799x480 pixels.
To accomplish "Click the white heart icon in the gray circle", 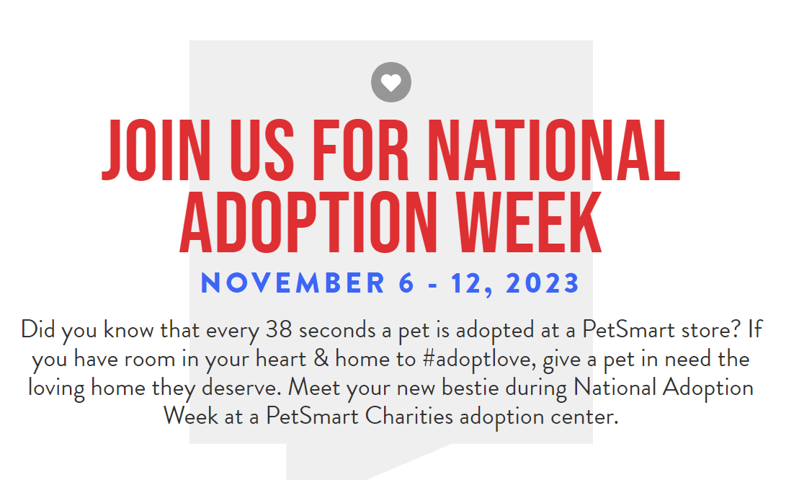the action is (x=390, y=83).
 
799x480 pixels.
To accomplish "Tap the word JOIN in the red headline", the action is (x=156, y=151).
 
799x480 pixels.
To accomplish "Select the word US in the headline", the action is (x=262, y=151).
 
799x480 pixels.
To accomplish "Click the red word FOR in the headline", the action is (x=360, y=151).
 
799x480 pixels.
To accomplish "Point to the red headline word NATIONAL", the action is (x=553, y=151).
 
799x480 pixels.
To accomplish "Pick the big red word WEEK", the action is (x=529, y=223).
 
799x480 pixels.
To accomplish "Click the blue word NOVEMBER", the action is (x=293, y=283).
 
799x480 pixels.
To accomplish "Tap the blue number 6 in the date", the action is (x=406, y=283).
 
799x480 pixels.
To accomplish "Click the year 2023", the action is (x=543, y=283).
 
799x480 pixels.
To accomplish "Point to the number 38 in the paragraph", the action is (x=278, y=329).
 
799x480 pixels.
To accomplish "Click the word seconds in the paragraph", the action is (x=337, y=329).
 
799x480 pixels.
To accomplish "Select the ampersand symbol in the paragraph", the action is (x=321, y=359).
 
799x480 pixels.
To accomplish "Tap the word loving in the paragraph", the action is (x=56, y=388).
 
